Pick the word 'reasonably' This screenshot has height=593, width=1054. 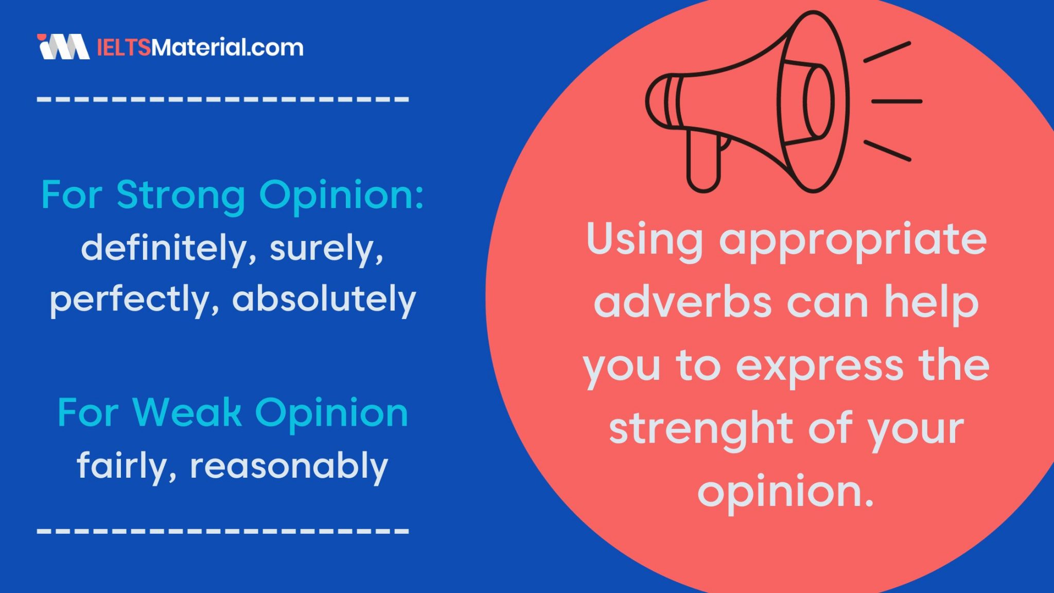click(x=289, y=466)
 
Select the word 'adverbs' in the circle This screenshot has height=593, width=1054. click(x=682, y=303)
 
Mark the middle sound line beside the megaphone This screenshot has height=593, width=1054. click(x=896, y=101)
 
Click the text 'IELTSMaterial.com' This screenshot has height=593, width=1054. click(x=200, y=47)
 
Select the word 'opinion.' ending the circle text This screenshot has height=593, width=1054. click(x=786, y=492)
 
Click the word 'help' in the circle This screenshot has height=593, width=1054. click(x=931, y=303)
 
